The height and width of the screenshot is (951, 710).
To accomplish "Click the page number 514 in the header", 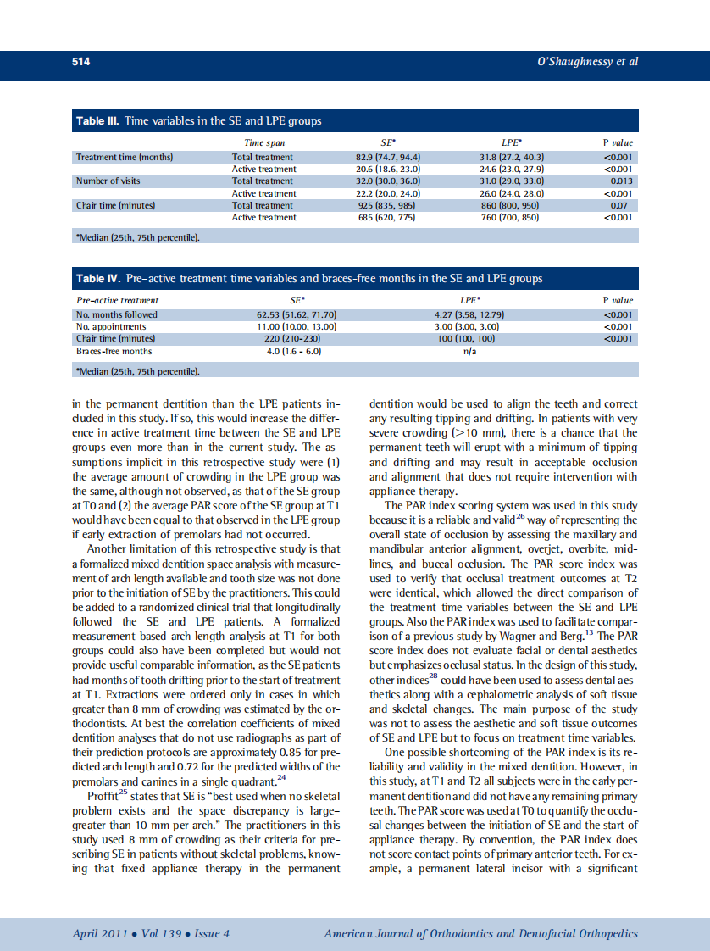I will click(80, 62).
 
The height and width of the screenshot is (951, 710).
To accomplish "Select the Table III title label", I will click(97, 121).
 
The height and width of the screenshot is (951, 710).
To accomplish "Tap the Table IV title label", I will click(98, 278).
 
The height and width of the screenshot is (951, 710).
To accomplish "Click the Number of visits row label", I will click(108, 181).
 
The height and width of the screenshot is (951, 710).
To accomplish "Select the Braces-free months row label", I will click(114, 351).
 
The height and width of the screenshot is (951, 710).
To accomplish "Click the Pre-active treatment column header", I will click(117, 301).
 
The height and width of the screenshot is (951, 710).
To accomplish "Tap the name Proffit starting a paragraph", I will click(102, 797).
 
